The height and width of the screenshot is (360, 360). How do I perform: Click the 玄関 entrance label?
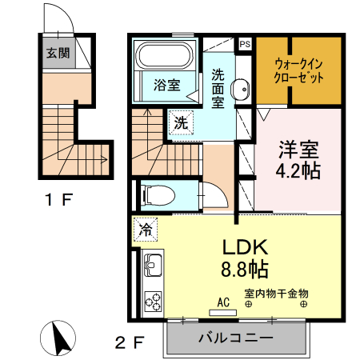(x=57, y=54)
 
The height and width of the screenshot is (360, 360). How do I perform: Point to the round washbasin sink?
(x=238, y=90)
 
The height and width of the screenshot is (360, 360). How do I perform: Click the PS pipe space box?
(x=244, y=44)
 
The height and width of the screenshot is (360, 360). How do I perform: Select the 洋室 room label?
(x=298, y=150)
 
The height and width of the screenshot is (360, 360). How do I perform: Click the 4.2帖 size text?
(x=299, y=170)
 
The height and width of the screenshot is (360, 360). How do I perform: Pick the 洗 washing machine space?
(x=182, y=124)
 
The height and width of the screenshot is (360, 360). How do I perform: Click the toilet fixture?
(x=157, y=194)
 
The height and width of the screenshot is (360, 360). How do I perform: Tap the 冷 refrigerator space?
(x=146, y=229)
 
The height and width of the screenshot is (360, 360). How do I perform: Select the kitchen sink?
(x=152, y=264)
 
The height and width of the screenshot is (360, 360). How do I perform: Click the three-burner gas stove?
(x=152, y=300)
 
